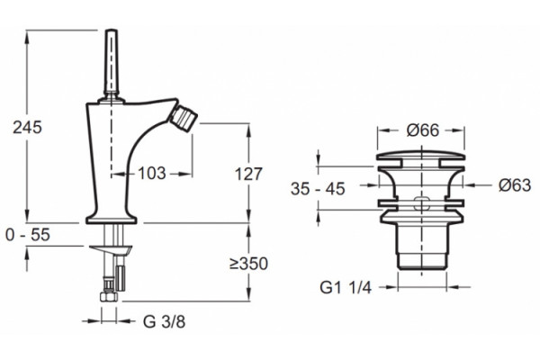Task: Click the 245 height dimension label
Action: [28, 128]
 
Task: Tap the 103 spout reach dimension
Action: [152, 174]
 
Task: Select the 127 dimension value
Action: [248, 174]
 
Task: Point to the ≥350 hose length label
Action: [248, 264]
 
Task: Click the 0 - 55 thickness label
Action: [28, 235]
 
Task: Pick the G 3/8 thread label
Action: [164, 322]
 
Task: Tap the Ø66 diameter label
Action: [423, 130]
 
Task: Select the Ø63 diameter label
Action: [515, 185]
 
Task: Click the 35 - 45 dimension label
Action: [318, 189]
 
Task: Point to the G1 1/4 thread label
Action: [346, 287]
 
